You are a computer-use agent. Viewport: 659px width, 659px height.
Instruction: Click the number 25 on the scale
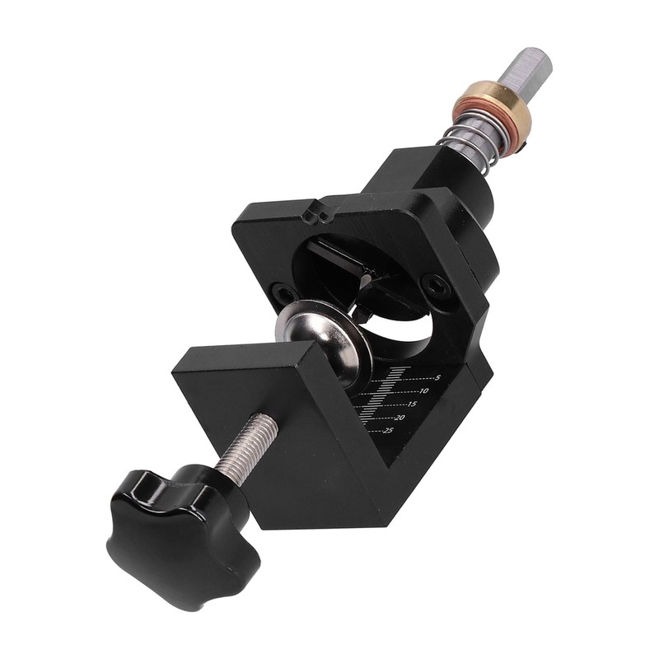(388, 430)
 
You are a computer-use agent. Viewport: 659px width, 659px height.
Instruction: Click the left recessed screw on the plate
(282, 291)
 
